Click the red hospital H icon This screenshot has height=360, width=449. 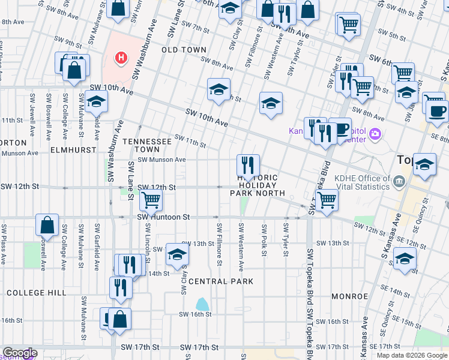click(122, 58)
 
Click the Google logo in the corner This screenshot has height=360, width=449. click(19, 353)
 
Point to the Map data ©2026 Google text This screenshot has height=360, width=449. click(412, 355)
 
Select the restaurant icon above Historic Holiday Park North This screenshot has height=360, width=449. click(248, 164)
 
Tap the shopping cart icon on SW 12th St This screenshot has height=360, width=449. click(151, 200)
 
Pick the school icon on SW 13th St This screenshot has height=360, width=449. click(177, 254)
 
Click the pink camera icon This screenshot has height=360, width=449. click(376, 133)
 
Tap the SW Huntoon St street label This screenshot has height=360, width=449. click(163, 217)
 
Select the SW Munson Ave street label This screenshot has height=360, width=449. click(161, 160)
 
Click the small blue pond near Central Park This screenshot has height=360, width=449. click(203, 304)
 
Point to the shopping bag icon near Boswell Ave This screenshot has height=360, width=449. click(47, 225)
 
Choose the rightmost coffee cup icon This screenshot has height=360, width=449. click(437, 110)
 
